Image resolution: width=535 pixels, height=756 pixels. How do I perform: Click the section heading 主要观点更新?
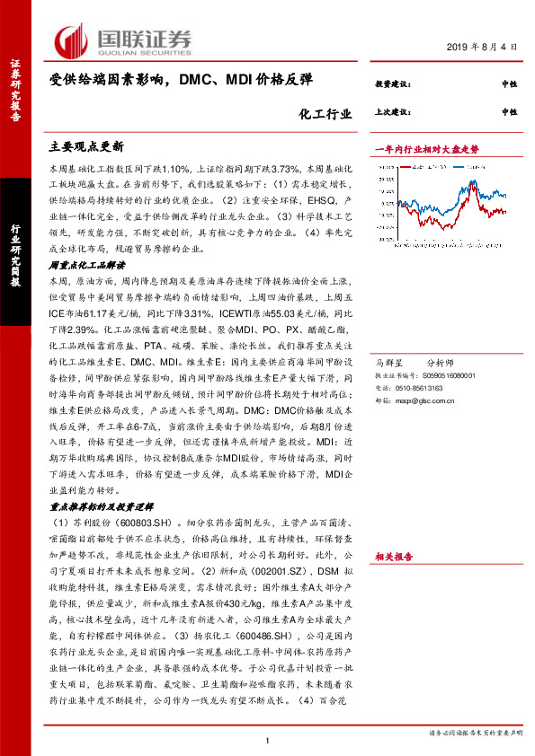click(x=86, y=145)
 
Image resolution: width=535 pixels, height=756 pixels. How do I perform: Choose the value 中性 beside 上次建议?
click(x=510, y=112)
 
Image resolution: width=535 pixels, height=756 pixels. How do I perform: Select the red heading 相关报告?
click(x=394, y=558)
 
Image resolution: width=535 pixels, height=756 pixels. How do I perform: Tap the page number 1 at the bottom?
click(x=268, y=739)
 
